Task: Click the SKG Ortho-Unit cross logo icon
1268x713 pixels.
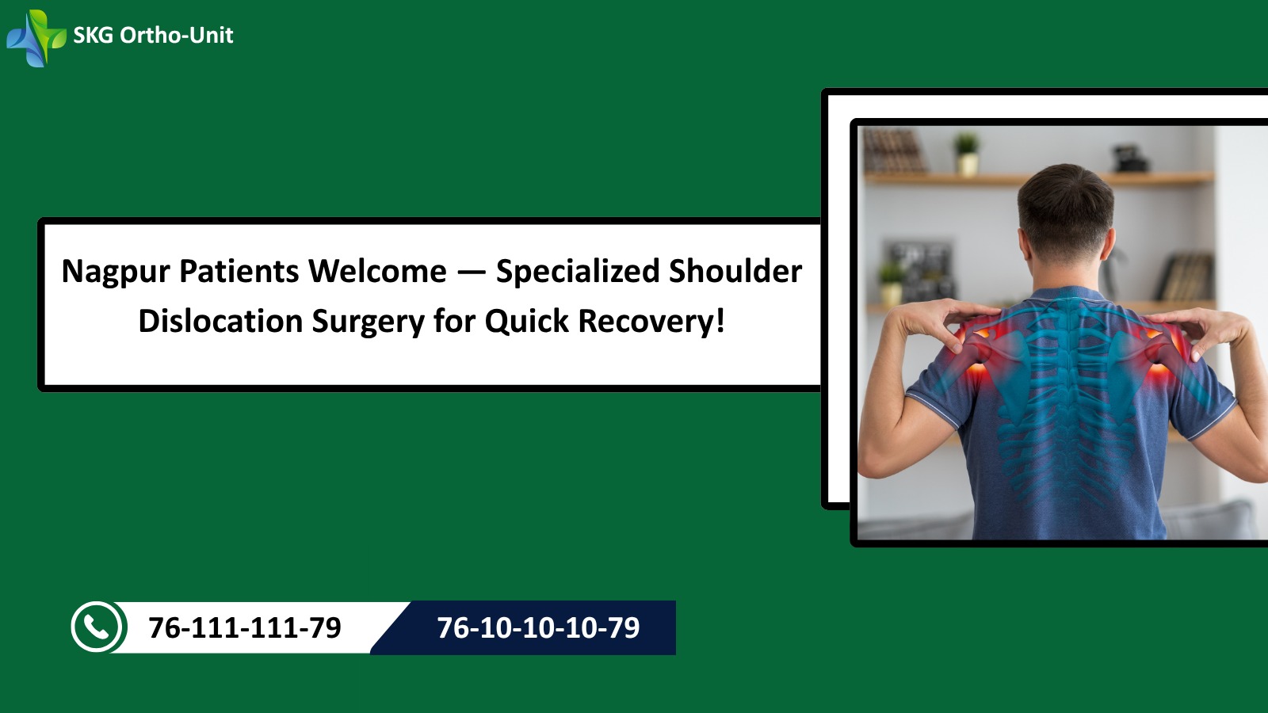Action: tap(36, 38)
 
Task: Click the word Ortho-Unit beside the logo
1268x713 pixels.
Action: tap(177, 36)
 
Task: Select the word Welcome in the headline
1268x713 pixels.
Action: tap(377, 271)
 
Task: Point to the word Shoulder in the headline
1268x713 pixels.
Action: tap(735, 270)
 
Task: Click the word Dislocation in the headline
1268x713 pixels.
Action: tap(221, 321)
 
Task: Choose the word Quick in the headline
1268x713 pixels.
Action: tap(526, 322)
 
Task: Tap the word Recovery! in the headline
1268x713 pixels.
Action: tap(651, 322)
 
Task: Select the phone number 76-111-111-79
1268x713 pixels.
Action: tap(245, 627)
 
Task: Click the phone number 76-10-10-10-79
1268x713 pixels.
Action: tap(538, 627)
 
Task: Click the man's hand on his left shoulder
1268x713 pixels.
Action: tap(940, 322)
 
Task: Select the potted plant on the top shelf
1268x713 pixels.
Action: tap(967, 153)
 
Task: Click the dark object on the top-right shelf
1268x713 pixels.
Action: tap(1130, 158)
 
